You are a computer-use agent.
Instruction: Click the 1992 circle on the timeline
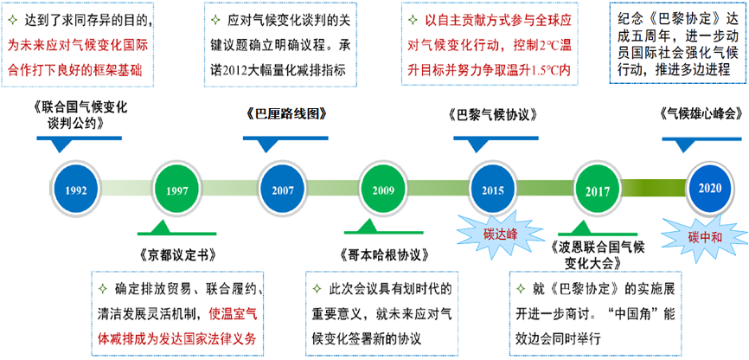pyautogui.click(x=77, y=190)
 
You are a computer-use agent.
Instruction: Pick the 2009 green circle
pyautogui.click(x=383, y=190)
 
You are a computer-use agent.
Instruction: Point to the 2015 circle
pyautogui.click(x=493, y=190)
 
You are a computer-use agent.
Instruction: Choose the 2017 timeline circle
pyautogui.click(x=597, y=190)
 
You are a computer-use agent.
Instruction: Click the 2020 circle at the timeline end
pyautogui.click(x=710, y=188)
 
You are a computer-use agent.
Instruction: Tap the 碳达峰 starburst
pyautogui.click(x=493, y=234)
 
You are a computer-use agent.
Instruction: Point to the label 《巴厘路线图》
pyautogui.click(x=286, y=113)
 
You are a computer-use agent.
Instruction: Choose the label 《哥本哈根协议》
pyautogui.click(x=383, y=254)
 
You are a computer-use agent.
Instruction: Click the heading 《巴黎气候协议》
pyautogui.click(x=494, y=116)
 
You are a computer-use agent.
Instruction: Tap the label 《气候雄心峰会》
pyautogui.click(x=701, y=115)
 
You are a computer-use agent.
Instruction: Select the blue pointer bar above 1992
pyautogui.click(x=80, y=144)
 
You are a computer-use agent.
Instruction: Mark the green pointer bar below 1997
pyautogui.click(x=177, y=228)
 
